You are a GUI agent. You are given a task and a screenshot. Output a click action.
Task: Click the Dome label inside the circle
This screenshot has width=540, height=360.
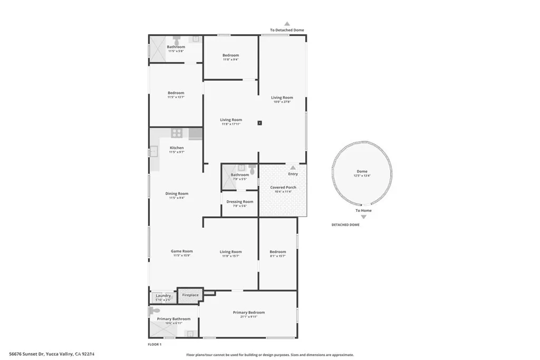(362, 171)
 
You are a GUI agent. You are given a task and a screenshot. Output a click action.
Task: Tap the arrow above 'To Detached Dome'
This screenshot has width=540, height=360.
(287, 24)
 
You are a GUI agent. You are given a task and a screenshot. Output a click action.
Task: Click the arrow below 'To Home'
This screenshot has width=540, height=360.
(363, 217)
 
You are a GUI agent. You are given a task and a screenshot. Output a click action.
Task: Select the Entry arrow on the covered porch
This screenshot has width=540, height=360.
(293, 168)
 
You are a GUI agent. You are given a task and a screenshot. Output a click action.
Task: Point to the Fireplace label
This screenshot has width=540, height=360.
(190, 295)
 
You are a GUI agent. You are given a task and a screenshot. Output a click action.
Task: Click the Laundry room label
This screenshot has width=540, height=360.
(163, 296)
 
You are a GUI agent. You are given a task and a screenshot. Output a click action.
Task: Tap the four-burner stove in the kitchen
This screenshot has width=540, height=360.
(176, 133)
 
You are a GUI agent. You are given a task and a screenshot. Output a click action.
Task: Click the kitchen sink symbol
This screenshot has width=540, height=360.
(153, 152)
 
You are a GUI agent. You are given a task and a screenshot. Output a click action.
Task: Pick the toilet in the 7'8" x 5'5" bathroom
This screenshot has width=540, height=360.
(253, 170)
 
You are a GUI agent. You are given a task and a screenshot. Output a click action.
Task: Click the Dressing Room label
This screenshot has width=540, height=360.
(239, 202)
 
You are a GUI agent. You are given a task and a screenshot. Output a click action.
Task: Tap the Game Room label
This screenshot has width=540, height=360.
(181, 251)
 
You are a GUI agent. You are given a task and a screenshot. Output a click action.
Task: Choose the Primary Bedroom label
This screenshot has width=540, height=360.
(248, 313)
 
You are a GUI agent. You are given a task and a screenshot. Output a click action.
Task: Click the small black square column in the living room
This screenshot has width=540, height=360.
(259, 123)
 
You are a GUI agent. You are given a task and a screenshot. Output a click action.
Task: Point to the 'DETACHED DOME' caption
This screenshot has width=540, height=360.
(345, 225)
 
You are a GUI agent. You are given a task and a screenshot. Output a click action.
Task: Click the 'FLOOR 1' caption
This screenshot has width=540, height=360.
(155, 344)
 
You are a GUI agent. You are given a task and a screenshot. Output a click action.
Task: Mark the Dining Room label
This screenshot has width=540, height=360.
(177, 193)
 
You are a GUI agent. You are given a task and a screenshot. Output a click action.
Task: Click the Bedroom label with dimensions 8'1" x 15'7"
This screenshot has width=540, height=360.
(277, 252)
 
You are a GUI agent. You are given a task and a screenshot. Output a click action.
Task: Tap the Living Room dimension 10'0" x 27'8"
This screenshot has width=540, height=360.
(282, 102)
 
